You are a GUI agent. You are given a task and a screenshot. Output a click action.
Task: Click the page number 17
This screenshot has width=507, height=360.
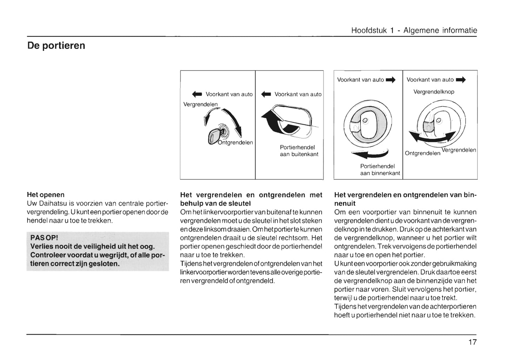click(472, 342)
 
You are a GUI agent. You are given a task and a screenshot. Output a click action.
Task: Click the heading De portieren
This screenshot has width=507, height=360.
click(56, 46)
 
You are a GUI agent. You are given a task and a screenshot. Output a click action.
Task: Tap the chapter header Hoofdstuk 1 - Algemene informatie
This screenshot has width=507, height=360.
click(414, 31)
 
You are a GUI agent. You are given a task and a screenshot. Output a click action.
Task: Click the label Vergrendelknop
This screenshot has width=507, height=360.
click(434, 92)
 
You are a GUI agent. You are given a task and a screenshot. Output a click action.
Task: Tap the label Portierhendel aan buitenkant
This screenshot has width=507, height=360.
click(299, 151)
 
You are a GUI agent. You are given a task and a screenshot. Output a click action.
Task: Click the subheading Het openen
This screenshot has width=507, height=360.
click(46, 195)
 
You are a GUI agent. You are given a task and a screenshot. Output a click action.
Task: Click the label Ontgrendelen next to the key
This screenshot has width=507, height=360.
click(235, 143)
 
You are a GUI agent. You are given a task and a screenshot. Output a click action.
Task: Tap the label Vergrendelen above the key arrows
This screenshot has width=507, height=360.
click(200, 104)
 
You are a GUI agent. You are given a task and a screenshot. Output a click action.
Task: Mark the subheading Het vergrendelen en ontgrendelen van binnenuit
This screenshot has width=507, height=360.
click(405, 199)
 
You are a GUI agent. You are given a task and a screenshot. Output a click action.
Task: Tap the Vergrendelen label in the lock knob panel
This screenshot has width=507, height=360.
click(459, 150)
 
